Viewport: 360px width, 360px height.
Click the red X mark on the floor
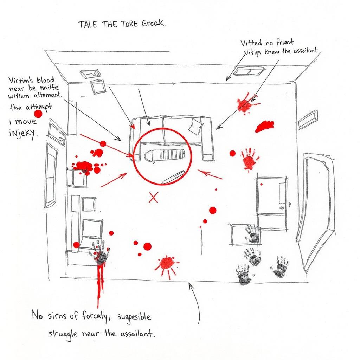point(153,198)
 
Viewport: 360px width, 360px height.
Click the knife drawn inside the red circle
point(173,176)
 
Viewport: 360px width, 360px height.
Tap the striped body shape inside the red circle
point(164,156)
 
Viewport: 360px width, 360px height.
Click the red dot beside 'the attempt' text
point(38,114)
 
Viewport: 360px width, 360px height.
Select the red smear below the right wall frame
point(264,126)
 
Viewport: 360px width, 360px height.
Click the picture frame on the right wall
point(307,120)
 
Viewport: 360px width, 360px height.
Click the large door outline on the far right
point(315,211)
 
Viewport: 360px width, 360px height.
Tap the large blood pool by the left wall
point(83,165)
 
